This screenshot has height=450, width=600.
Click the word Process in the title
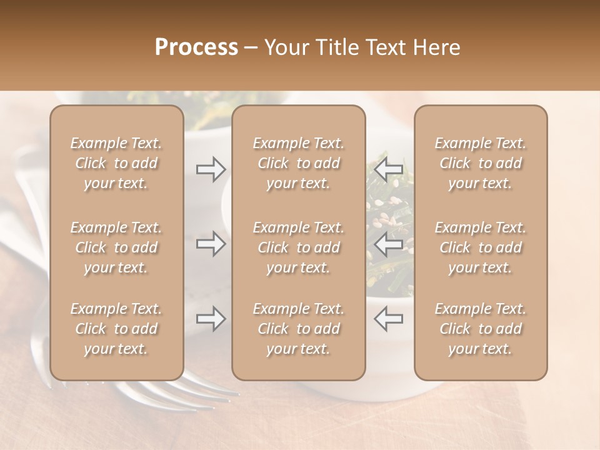point(196,47)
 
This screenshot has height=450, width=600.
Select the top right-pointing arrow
point(211,168)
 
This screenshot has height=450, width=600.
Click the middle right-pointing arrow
point(211,244)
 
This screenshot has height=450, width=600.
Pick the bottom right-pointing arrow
point(211,319)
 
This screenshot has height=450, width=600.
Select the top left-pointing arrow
point(388,168)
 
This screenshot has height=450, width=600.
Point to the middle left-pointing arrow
point(388,244)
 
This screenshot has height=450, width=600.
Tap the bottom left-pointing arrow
point(388,319)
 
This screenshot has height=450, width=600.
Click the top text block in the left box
point(116,163)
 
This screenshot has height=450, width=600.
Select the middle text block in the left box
point(116,247)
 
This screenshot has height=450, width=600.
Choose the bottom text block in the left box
point(116,329)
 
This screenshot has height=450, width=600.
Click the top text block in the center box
point(299,163)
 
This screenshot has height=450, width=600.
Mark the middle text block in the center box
point(299,247)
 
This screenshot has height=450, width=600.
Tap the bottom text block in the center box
point(299,329)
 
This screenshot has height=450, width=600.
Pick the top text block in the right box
point(481,163)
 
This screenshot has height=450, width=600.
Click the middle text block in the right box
point(481,247)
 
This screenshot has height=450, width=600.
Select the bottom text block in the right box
point(481,329)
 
